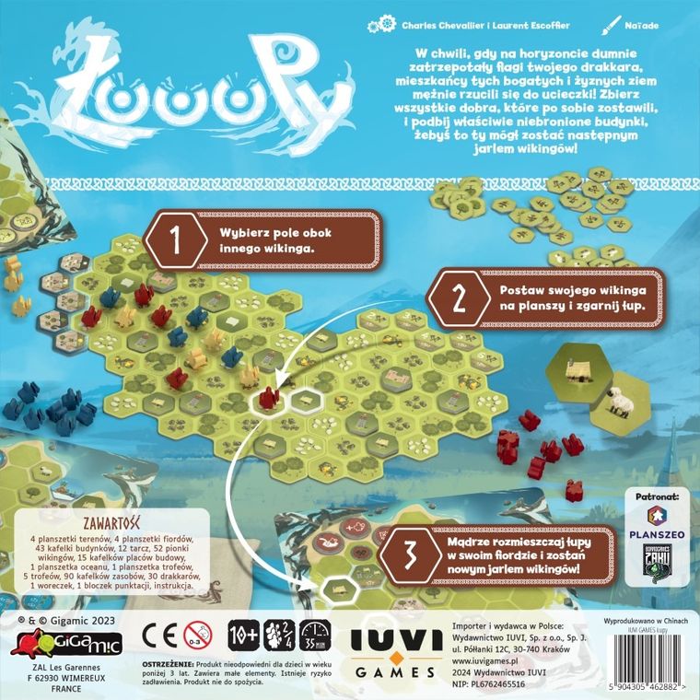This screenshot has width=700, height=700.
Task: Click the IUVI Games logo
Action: coord(398,643)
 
